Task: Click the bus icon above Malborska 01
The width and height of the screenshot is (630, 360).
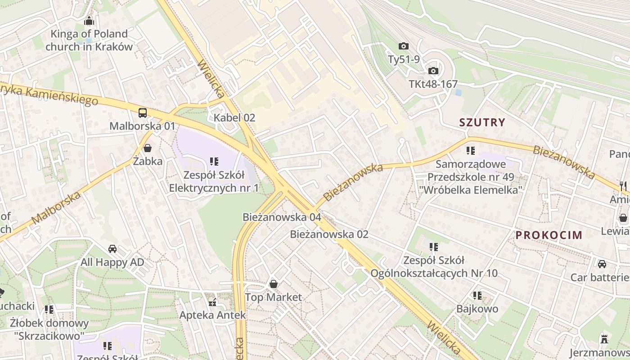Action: pyautogui.click(x=143, y=113)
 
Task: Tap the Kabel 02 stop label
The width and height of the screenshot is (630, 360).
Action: pyautogui.click(x=234, y=118)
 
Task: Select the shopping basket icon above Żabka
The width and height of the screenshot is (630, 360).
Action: pyautogui.click(x=148, y=148)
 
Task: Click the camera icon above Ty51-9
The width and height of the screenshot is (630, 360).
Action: pyautogui.click(x=404, y=46)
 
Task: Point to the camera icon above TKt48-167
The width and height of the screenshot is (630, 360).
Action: pyautogui.click(x=433, y=71)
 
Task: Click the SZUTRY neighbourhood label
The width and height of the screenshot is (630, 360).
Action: pyautogui.click(x=482, y=122)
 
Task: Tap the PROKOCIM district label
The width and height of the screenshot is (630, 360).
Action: pyautogui.click(x=549, y=235)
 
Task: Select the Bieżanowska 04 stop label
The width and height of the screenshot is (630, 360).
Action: pyautogui.click(x=282, y=217)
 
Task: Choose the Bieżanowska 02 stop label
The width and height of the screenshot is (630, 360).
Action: pyautogui.click(x=329, y=234)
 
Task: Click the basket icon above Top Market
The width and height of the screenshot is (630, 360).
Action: pyautogui.click(x=273, y=284)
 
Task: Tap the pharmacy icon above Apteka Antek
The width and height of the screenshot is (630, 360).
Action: pyautogui.click(x=212, y=302)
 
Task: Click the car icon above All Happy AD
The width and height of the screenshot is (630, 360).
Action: pyautogui.click(x=112, y=249)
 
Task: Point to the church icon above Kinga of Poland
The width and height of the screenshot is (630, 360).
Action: pyautogui.click(x=89, y=21)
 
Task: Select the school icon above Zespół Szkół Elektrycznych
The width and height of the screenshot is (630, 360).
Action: pyautogui.click(x=214, y=161)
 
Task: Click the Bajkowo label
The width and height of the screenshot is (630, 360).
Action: pyautogui.click(x=477, y=309)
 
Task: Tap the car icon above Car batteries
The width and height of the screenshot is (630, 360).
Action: pyautogui.click(x=602, y=264)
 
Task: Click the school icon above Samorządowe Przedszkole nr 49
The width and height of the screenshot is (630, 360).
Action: pyautogui.click(x=471, y=151)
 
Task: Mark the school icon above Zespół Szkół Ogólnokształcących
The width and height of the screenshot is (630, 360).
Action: pyautogui.click(x=434, y=247)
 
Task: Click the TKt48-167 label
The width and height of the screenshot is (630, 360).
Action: pyautogui.click(x=433, y=84)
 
